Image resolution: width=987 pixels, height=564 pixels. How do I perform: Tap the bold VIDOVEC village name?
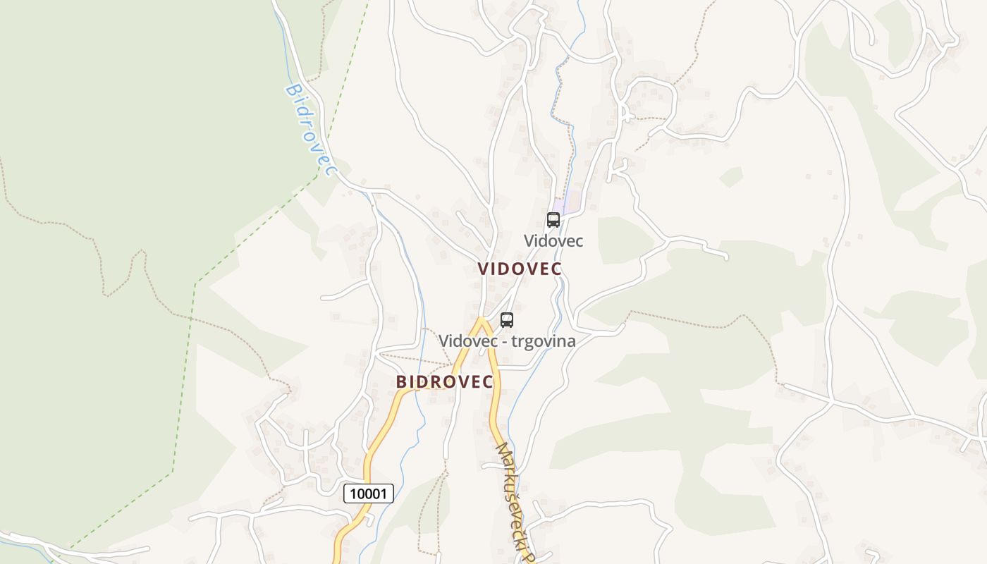[x=520, y=269]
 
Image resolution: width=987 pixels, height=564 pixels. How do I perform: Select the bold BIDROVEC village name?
[x=444, y=382]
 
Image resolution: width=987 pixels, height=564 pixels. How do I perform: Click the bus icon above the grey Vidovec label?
[x=553, y=220]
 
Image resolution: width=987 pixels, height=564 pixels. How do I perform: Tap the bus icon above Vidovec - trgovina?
[x=507, y=320]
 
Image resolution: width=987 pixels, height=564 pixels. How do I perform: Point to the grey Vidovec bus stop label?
[x=553, y=241]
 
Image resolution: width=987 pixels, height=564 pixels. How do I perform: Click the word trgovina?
[x=544, y=341]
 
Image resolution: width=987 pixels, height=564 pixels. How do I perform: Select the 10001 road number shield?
[x=369, y=493]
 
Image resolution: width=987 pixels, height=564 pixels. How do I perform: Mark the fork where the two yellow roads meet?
[x=482, y=320]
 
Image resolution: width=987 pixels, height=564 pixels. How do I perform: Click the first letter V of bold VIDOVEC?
[x=483, y=269]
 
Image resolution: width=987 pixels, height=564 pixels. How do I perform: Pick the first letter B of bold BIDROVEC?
[x=402, y=382]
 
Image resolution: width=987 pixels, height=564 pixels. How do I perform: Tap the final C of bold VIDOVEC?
[x=556, y=269]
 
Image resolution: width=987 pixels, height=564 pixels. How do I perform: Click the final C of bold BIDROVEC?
[x=486, y=382]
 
